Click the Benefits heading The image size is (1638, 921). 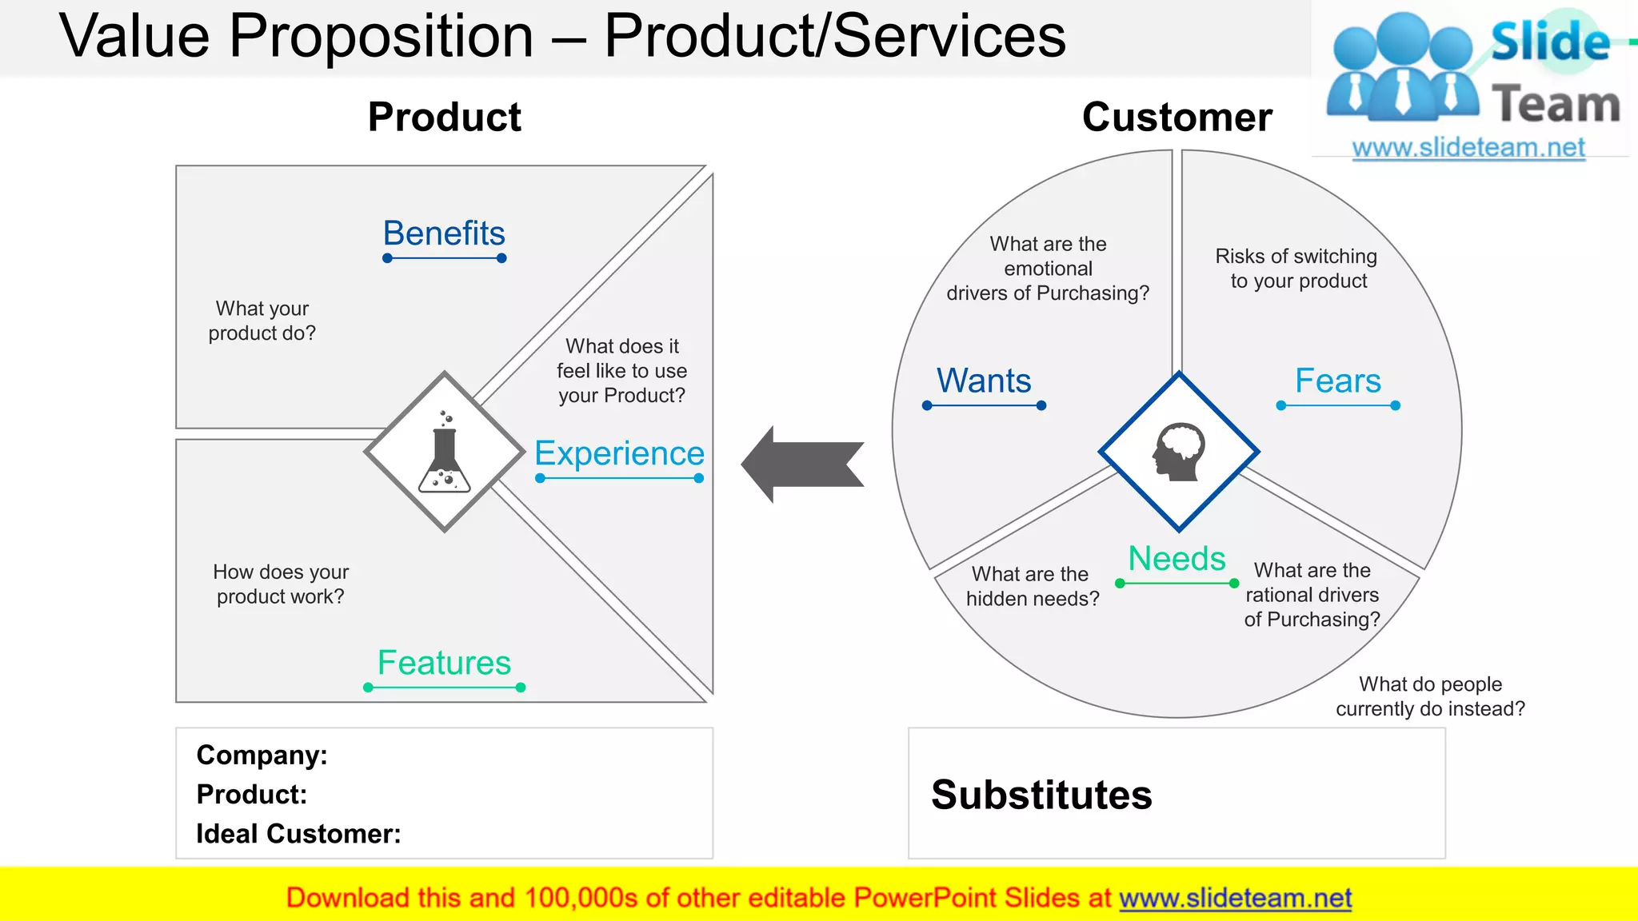coord(444,233)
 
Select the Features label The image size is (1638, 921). coord(444,663)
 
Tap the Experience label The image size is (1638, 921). coord(619,453)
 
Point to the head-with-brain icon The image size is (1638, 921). coord(1179,452)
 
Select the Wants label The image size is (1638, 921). coord(984,381)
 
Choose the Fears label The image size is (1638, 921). coord(1337,381)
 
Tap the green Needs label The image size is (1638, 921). coord(1177,558)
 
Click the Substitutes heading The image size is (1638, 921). coord(1041,795)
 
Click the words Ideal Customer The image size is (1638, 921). coord(298,834)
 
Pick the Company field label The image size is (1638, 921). coord(262,755)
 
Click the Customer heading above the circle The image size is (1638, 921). coord(1177,118)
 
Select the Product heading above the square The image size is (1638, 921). coord(444,118)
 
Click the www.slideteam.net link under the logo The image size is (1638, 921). coord(1468,147)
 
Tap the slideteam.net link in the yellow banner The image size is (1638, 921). coord(1235,898)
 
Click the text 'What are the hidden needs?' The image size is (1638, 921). coord(1032,586)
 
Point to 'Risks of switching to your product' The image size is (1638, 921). coord(1296,269)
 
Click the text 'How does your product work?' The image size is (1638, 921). coord(280,584)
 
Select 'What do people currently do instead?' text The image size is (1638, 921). coord(1430,696)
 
